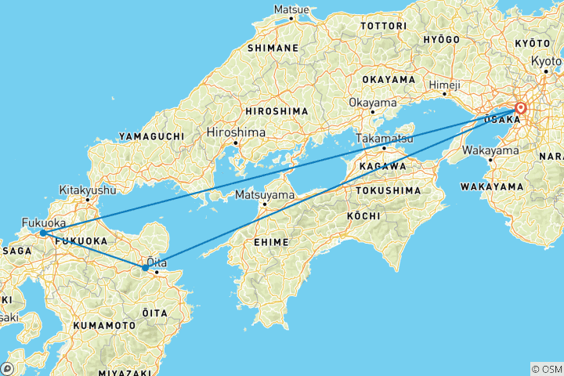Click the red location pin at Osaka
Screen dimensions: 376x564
pos(520,108)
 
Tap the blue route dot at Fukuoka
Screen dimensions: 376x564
pos(42,233)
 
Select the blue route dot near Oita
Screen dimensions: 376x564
pos(146,268)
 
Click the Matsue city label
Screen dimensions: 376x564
pos(291,9)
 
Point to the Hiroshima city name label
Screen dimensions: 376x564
pos(235,132)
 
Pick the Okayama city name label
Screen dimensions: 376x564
pos(368,103)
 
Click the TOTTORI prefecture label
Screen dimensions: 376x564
pos(383,26)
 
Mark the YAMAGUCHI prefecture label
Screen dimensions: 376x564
pos(152,136)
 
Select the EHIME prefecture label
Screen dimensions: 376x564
pos(272,244)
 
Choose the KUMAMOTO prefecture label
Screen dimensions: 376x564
pos(105,324)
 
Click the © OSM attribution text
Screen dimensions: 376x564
pos(546,368)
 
